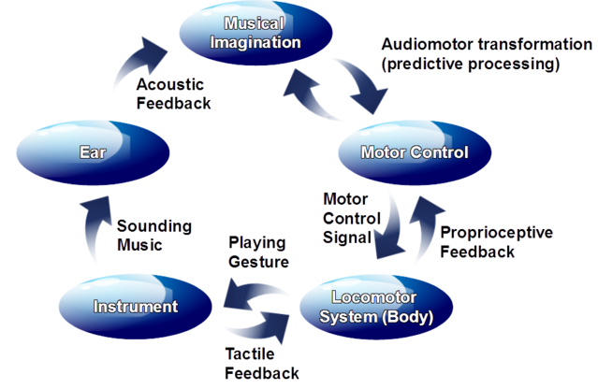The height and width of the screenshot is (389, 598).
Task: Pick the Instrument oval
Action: [x=136, y=306]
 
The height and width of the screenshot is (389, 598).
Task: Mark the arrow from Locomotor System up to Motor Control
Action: [x=427, y=229]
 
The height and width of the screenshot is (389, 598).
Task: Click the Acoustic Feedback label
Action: [x=173, y=94]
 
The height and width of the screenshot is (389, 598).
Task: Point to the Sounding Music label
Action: [x=154, y=236]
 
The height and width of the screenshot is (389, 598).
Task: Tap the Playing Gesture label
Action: [x=257, y=252]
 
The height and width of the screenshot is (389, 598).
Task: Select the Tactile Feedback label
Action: [x=262, y=364]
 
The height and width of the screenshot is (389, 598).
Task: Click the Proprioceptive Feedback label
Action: [x=496, y=242]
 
